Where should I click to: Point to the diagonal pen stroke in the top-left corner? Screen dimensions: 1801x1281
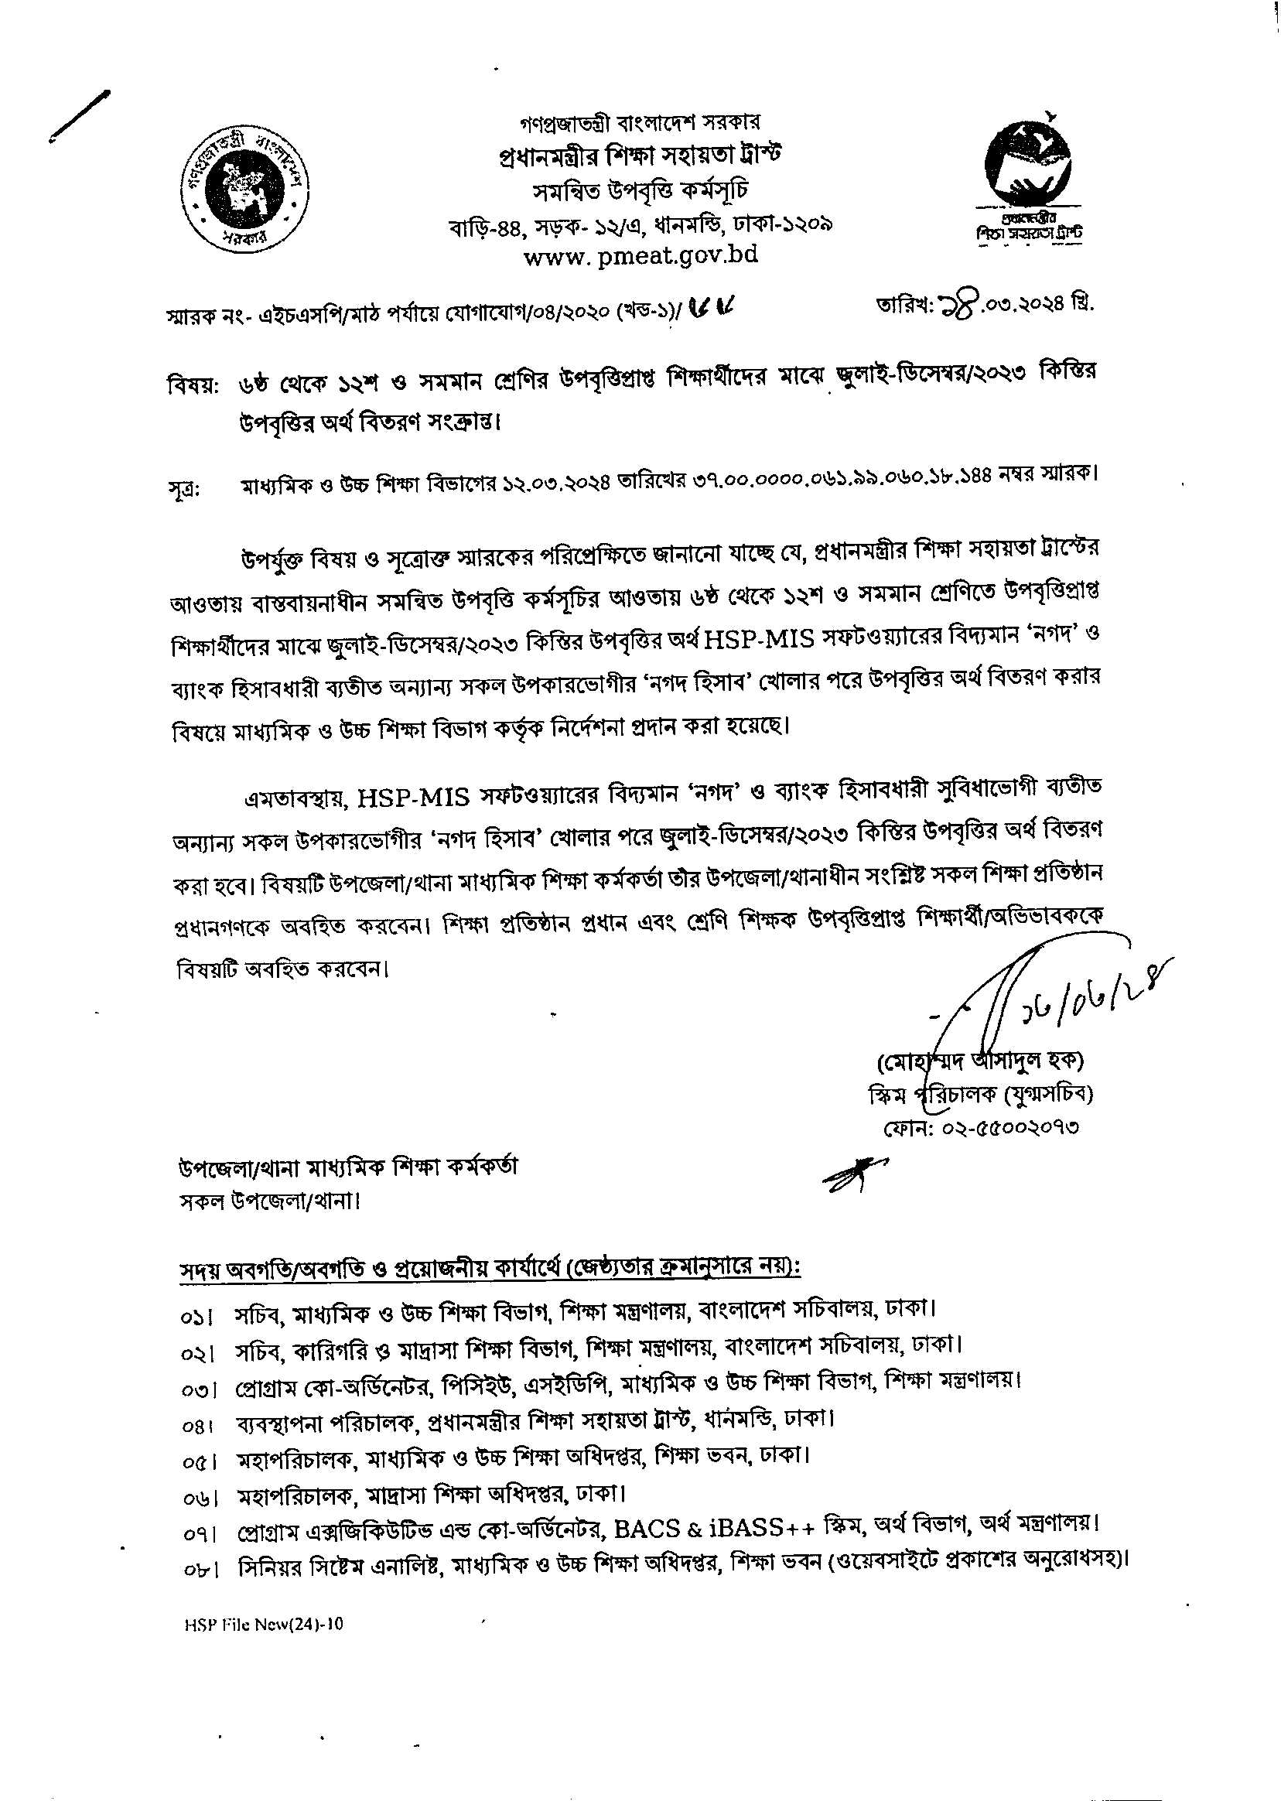click(x=79, y=117)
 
